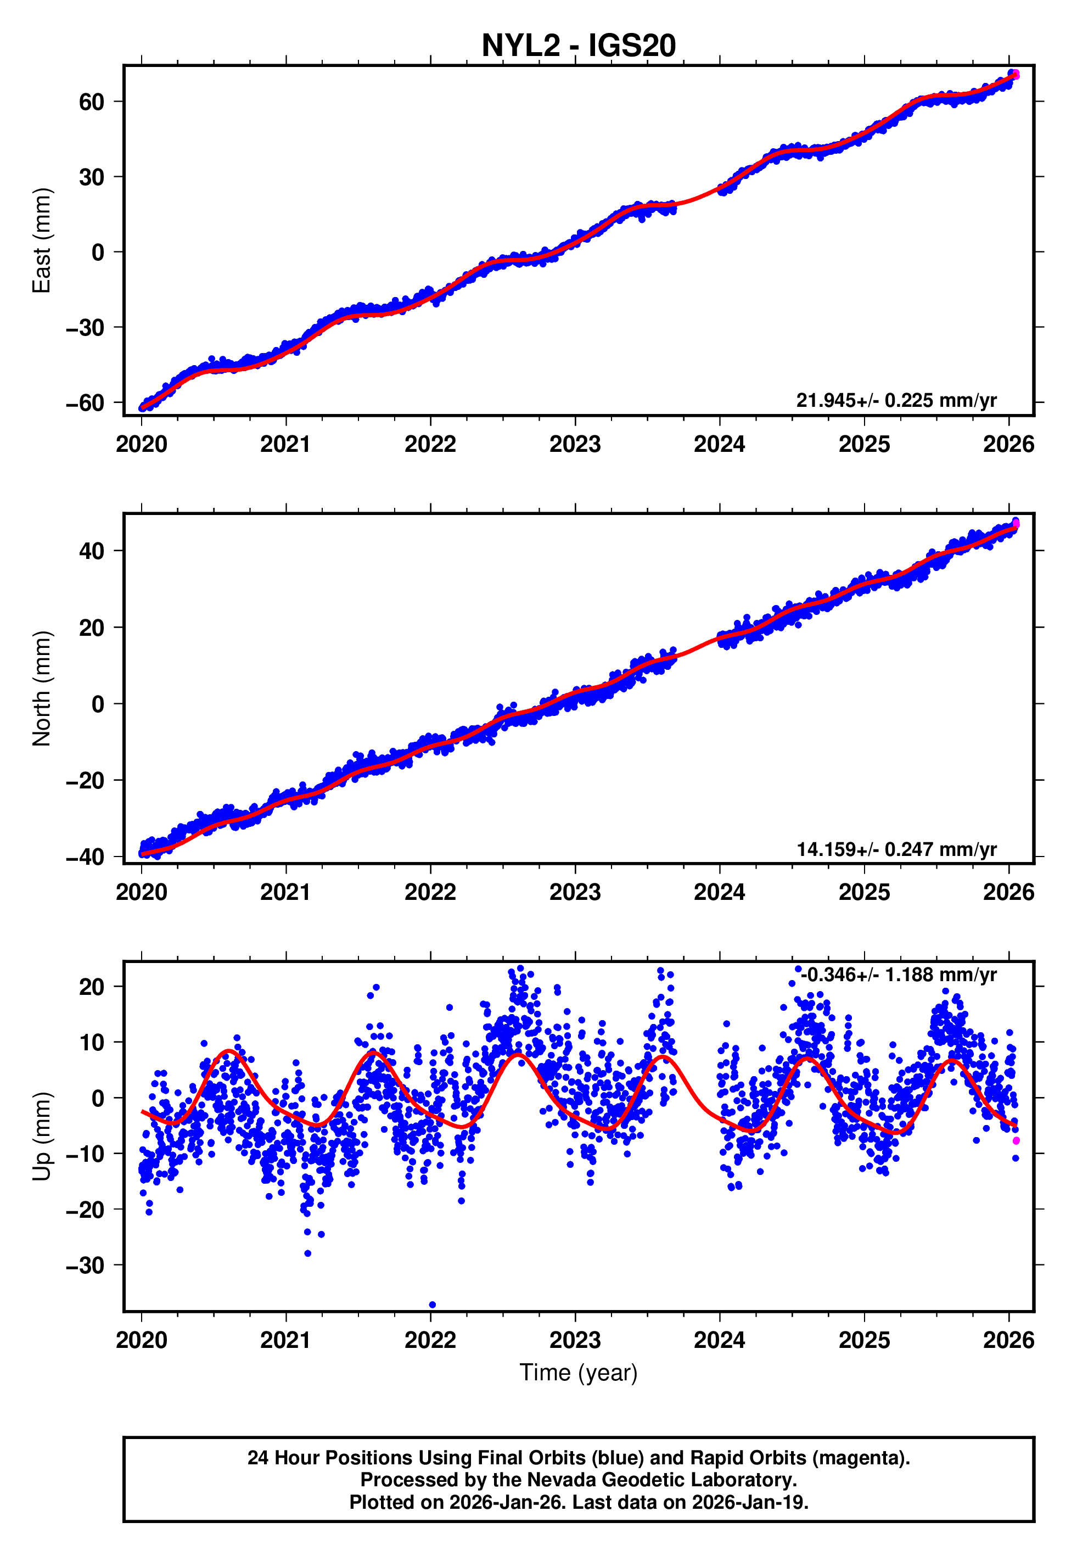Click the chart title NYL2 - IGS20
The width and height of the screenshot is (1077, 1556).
tap(579, 46)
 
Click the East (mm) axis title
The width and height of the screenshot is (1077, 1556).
tap(42, 241)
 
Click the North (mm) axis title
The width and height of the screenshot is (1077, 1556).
tap(42, 689)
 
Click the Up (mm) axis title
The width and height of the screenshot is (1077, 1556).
tap(42, 1137)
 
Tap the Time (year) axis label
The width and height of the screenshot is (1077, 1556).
tap(579, 1373)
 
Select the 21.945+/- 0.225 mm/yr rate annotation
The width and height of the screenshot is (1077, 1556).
tap(896, 401)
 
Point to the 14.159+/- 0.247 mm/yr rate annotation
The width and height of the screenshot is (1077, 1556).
tap(896, 849)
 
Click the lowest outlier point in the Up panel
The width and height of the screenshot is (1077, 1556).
tap(433, 1305)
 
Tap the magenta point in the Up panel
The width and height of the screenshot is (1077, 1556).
tap(1016, 1141)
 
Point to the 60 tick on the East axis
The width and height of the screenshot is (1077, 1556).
tap(91, 102)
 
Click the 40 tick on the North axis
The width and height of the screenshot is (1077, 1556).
tap(91, 551)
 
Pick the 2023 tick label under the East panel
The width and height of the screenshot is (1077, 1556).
tap(575, 444)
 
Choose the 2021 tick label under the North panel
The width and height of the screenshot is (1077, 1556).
tap(285, 893)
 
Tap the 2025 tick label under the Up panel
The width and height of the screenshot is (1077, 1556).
tap(864, 1341)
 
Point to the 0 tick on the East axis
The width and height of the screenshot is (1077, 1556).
tap(98, 253)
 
